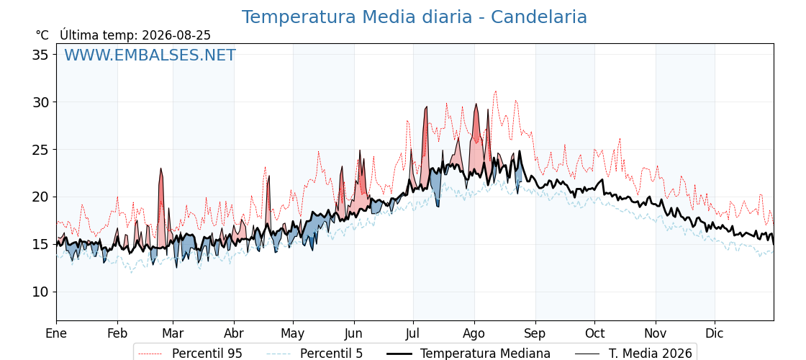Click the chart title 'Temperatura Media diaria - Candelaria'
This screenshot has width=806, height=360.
point(415,17)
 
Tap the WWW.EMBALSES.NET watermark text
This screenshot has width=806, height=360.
point(150,55)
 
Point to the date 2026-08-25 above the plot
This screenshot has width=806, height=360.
point(176,35)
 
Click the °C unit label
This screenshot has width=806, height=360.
point(42,35)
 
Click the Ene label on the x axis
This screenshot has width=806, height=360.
point(56,334)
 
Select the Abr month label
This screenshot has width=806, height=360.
point(234,334)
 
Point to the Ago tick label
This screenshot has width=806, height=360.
point(474,334)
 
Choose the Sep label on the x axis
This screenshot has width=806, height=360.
point(535,334)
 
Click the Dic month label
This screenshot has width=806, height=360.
point(715,334)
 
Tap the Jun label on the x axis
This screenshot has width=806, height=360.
point(353,334)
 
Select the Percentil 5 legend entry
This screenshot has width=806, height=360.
point(315,354)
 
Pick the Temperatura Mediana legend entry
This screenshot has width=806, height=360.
point(468,354)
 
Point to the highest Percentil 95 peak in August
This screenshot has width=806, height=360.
point(496,91)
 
